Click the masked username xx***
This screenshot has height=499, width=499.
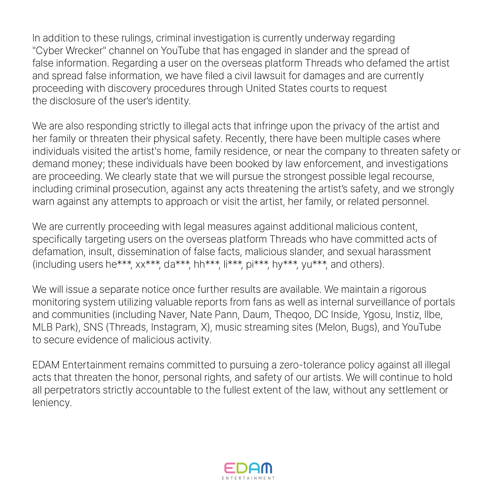click(147, 264)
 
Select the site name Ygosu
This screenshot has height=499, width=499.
click(377, 315)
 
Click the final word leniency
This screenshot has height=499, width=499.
click(52, 403)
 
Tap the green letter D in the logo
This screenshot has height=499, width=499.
click(242, 468)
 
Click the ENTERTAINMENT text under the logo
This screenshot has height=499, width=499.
click(248, 478)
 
